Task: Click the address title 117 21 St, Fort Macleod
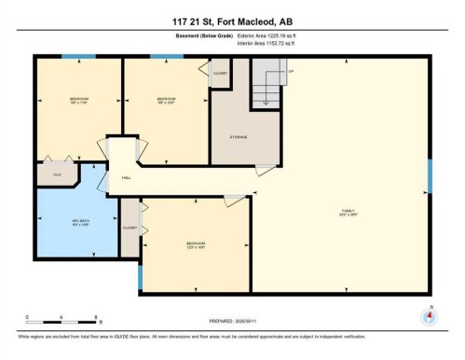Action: coord(232,21)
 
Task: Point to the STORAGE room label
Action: coord(239,137)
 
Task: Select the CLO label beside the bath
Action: coord(57,173)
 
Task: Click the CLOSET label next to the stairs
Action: coord(220,73)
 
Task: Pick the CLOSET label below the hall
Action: coord(130,228)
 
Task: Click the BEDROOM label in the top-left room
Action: coord(79,99)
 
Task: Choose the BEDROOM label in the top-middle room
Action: coord(166,99)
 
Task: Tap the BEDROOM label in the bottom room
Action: coord(196,244)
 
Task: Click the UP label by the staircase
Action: coord(290,71)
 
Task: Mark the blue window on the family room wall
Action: coord(430,176)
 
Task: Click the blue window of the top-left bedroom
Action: coord(78,56)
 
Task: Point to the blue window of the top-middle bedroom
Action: coord(166,56)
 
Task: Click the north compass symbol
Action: coord(430,315)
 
